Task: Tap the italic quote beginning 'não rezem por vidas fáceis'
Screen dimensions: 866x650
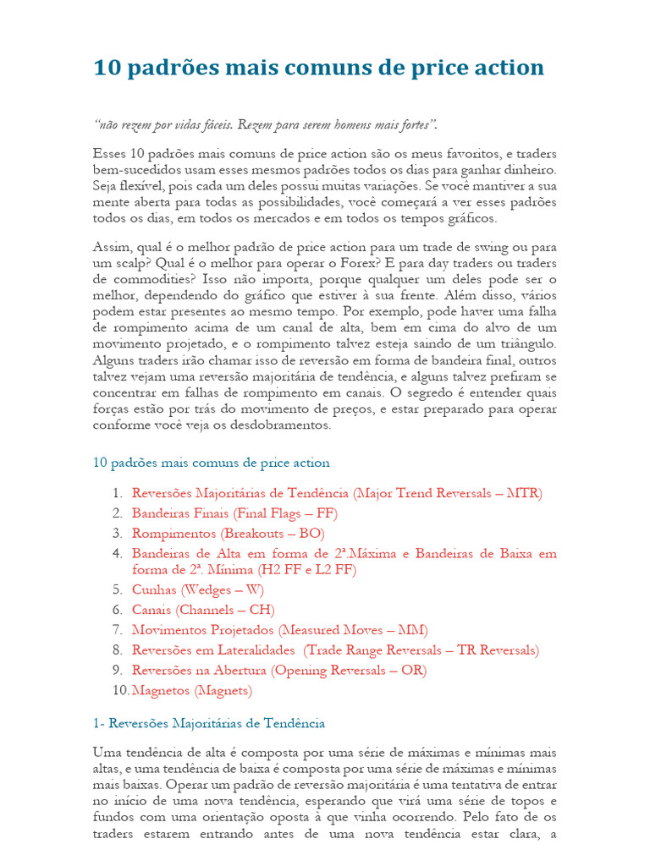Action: (x=266, y=125)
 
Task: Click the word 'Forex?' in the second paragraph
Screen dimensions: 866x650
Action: (x=382, y=263)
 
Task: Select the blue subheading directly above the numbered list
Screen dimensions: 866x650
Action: (x=211, y=463)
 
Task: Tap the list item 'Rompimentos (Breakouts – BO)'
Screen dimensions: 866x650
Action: (x=228, y=534)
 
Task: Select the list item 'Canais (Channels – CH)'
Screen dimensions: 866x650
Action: (x=203, y=610)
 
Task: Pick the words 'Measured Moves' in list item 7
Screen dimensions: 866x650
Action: (x=331, y=630)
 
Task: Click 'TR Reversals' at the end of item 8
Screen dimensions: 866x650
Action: (x=497, y=650)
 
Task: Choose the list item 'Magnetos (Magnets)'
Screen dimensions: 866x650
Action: (x=192, y=691)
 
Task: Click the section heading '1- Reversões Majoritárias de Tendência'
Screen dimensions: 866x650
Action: (x=208, y=723)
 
